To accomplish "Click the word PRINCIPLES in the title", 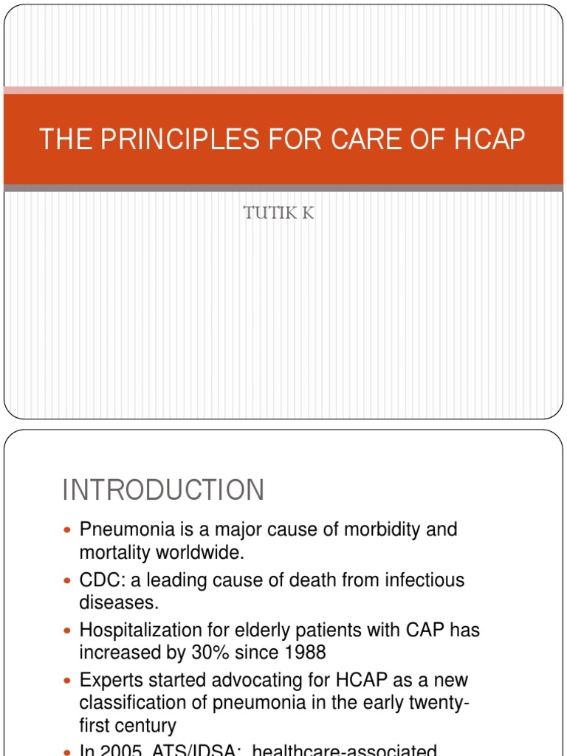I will click(x=171, y=140).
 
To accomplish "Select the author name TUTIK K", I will click(x=279, y=214).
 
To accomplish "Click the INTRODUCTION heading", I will click(x=163, y=490).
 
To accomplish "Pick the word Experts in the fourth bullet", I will click(x=109, y=680).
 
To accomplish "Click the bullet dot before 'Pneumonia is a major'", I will click(x=69, y=531).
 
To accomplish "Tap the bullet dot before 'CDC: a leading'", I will click(x=69, y=581).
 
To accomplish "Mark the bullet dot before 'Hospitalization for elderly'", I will click(x=69, y=631).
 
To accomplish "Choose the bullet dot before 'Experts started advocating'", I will click(x=69, y=681).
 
